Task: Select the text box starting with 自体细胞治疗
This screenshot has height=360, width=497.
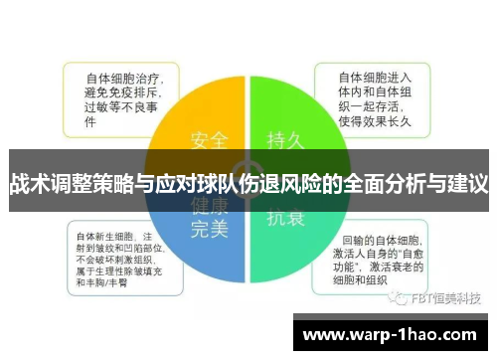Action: coord(120,98)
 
